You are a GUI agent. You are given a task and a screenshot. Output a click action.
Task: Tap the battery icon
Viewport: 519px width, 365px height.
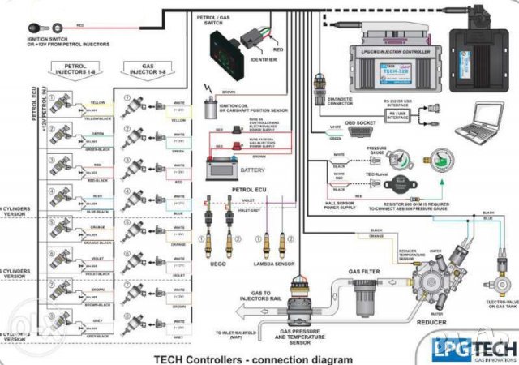[x=222, y=168]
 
